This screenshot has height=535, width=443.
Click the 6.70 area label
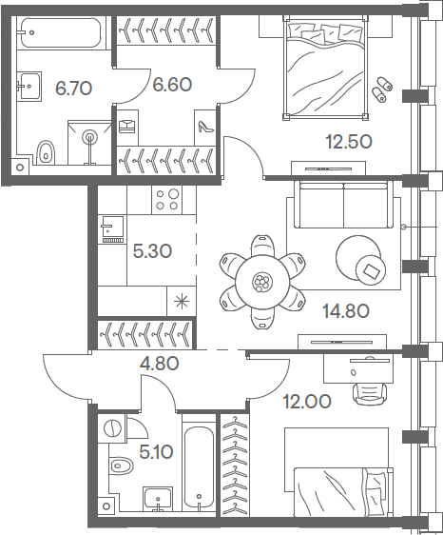(73, 89)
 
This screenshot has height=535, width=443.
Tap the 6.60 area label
(172, 85)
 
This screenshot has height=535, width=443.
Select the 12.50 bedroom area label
(348, 142)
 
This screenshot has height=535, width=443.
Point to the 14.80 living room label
(346, 311)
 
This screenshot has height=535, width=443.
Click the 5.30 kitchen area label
(152, 251)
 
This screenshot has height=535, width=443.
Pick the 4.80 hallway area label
(160, 364)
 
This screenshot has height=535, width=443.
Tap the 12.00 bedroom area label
(307, 402)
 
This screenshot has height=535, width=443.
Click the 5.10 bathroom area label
(157, 452)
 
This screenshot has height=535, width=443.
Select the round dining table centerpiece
(261, 282)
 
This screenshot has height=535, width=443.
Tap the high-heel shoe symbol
(205, 127)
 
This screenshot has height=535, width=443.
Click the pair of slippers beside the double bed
(382, 89)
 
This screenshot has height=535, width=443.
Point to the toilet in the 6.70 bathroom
(46, 152)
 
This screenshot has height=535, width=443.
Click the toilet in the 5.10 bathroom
(121, 466)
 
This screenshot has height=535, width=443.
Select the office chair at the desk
(370, 393)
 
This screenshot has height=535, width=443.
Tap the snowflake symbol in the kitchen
(182, 301)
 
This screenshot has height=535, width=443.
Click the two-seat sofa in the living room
(343, 205)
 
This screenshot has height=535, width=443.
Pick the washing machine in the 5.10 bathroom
(112, 428)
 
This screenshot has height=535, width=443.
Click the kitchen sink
(112, 227)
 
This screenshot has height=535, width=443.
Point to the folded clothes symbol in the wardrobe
(127, 127)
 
